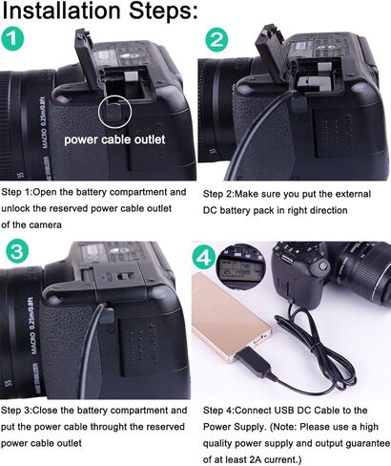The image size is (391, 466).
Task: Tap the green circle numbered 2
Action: (217, 40)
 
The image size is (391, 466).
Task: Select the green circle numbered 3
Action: (16, 253)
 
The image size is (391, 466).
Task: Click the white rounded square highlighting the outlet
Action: (116, 108)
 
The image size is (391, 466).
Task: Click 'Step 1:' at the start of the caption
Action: (19, 191)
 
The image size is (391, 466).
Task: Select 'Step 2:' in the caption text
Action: (221, 192)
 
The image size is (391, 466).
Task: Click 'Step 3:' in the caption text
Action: (19, 410)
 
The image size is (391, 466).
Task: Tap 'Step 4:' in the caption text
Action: (221, 410)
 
